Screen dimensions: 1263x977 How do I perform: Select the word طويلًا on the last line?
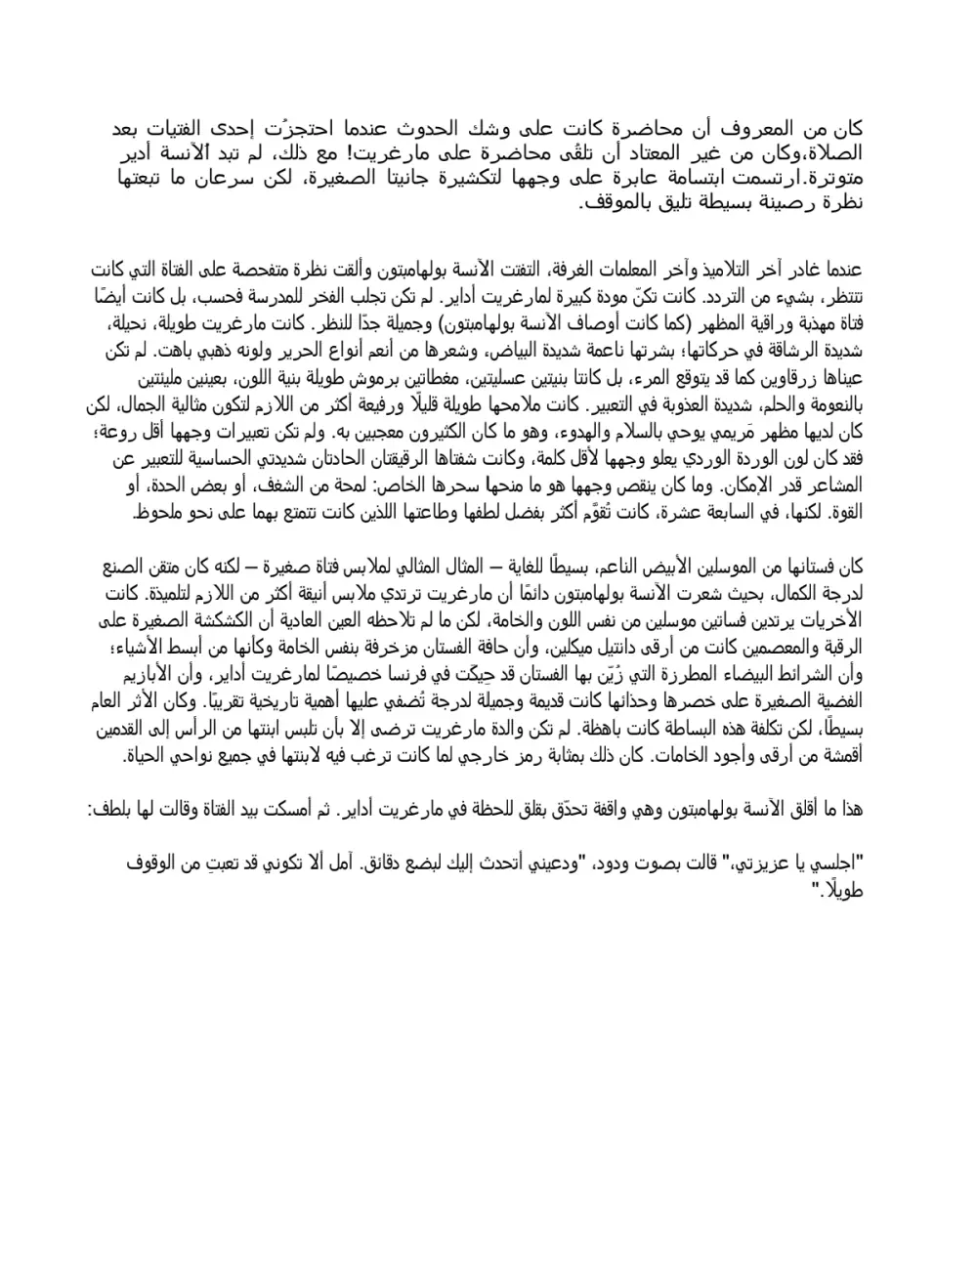click(x=846, y=890)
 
